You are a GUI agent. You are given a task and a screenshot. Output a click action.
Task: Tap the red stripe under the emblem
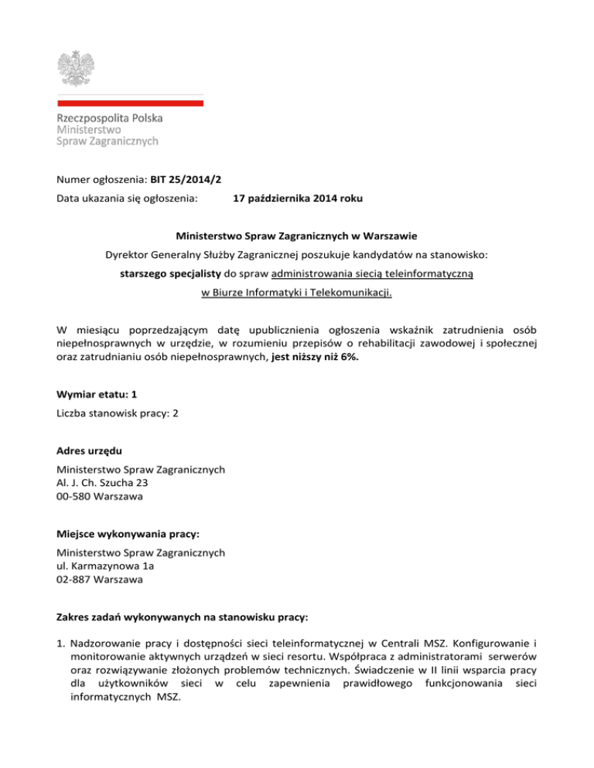click(130, 102)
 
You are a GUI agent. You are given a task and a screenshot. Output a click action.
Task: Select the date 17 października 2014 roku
click(298, 199)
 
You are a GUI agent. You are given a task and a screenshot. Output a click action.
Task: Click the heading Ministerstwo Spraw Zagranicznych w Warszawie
click(297, 234)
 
